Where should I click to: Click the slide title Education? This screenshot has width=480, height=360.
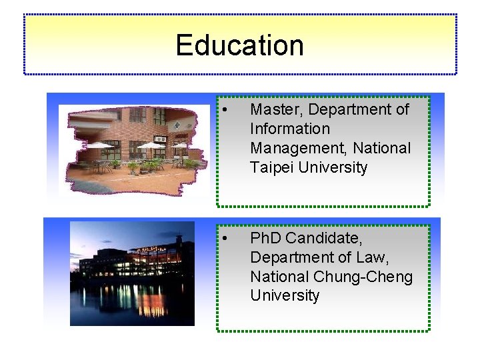(239, 45)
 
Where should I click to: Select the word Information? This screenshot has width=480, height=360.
(290, 129)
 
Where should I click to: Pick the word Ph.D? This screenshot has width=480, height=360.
(267, 238)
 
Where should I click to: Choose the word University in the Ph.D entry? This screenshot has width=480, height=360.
(285, 295)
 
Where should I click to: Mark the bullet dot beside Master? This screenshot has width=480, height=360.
(227, 110)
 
